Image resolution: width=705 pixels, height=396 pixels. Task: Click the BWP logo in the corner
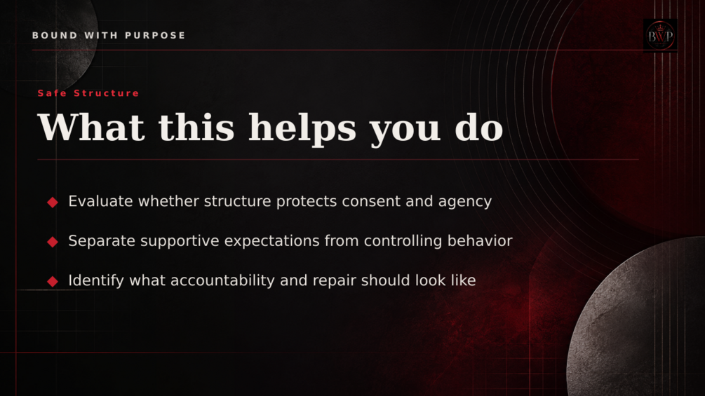click(660, 36)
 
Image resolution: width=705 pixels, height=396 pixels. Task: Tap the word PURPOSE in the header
click(155, 36)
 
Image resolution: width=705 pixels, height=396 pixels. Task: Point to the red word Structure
click(107, 93)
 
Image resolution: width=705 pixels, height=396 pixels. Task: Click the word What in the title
click(91, 128)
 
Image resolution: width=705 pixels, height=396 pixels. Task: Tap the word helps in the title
click(302, 129)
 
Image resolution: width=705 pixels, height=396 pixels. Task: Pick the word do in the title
click(479, 128)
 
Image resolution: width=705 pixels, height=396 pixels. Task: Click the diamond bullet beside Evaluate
click(53, 203)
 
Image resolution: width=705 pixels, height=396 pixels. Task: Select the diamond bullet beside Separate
click(53, 242)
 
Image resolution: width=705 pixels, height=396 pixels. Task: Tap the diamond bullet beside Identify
click(53, 282)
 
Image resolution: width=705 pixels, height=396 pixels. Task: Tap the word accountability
click(222, 281)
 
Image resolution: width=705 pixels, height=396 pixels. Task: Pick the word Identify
click(96, 281)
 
